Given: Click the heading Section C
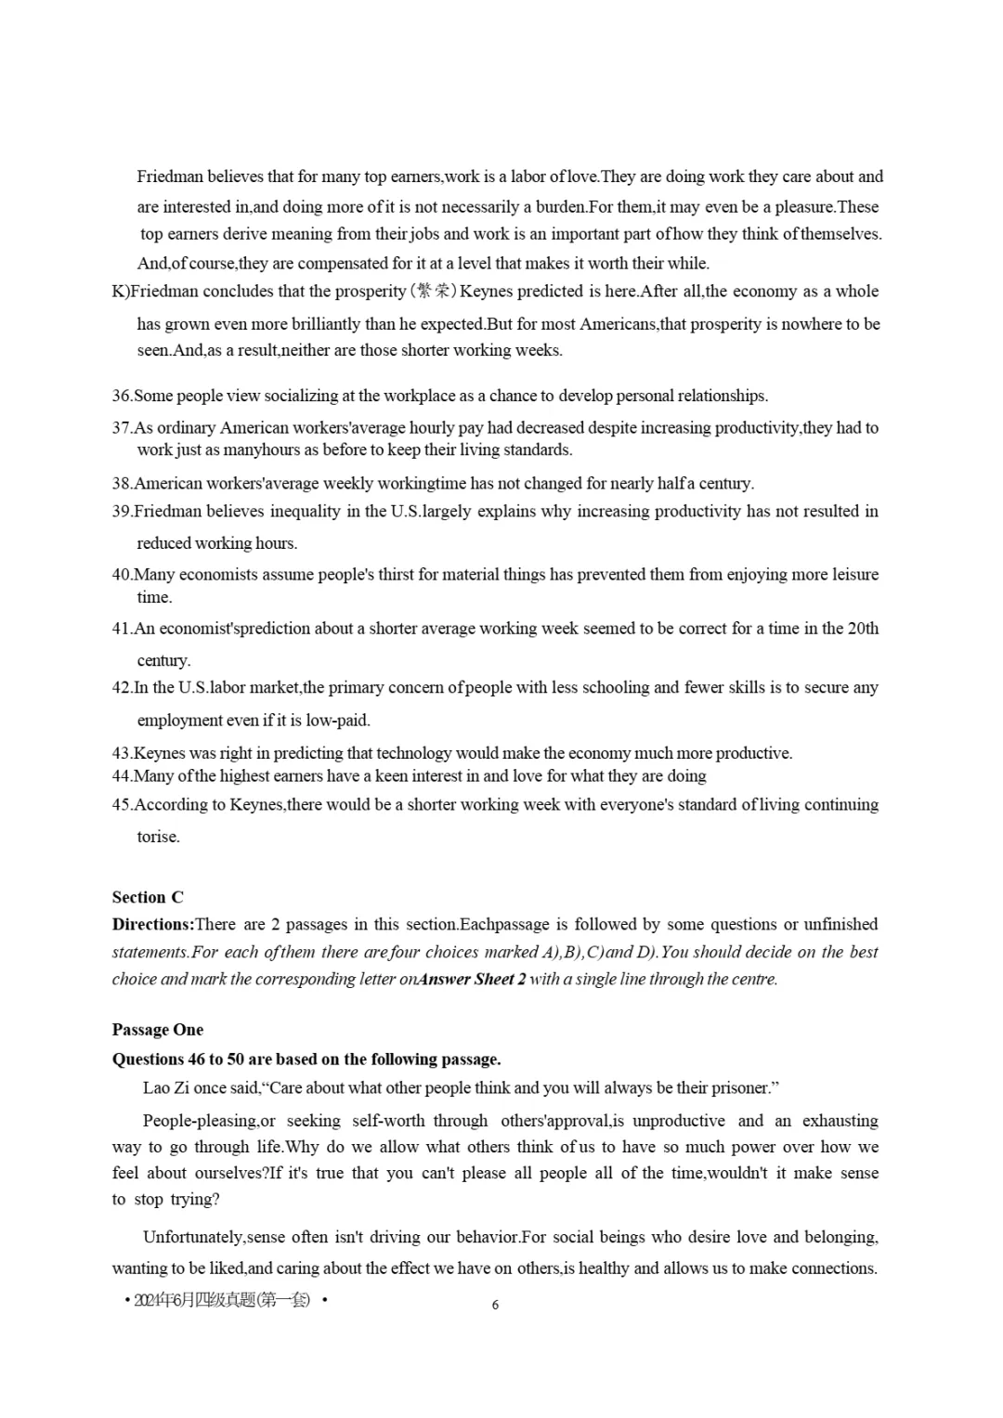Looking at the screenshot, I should click(148, 897).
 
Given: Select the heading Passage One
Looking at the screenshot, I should click(157, 1029).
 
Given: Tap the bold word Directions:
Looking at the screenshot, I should click(153, 924).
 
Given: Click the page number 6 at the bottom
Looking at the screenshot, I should click(495, 1305).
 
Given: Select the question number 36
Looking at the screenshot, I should click(122, 397).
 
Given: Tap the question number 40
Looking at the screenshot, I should click(122, 575).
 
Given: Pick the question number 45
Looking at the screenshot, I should click(122, 805).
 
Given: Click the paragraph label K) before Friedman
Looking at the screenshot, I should click(120, 292).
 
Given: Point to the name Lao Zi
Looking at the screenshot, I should click(165, 1087).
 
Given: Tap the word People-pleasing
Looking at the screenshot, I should click(199, 1121).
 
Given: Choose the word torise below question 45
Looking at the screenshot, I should click(158, 838).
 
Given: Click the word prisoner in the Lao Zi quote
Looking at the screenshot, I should click(740, 1087).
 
